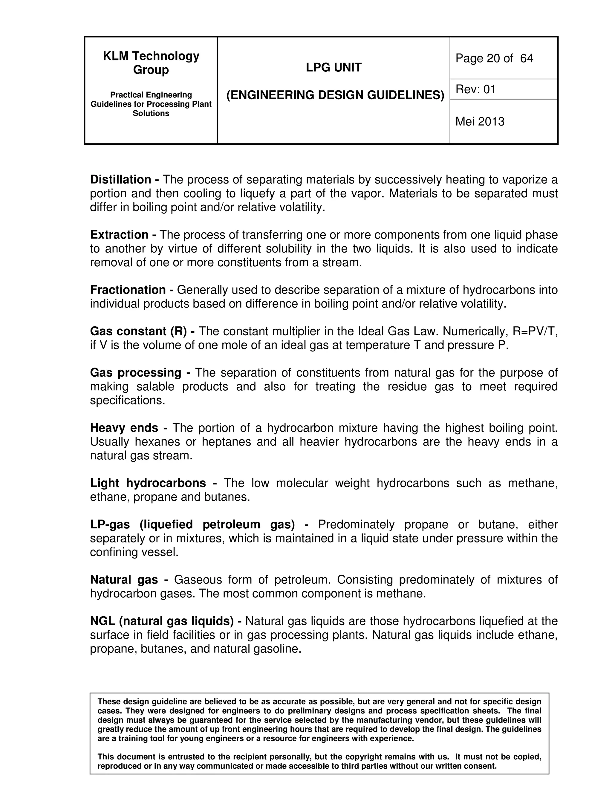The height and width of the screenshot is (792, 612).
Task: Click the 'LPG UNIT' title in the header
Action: [333, 68]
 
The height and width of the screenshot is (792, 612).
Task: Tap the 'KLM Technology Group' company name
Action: [151, 62]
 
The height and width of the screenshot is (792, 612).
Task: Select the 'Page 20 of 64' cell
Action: [494, 58]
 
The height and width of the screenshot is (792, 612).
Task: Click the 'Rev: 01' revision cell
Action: [475, 89]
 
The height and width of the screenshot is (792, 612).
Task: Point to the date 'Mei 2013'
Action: [480, 121]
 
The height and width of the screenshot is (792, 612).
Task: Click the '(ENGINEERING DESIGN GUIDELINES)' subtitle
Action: [335, 95]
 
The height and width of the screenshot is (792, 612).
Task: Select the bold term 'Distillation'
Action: [121, 180]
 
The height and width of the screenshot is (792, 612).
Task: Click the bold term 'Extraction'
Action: [119, 235]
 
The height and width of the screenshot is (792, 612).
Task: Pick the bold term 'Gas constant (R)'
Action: [138, 331]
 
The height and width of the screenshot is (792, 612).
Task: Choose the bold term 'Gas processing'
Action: [136, 373]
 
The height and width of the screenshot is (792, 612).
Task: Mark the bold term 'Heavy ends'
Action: [124, 428]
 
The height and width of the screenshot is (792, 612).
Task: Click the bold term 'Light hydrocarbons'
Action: [148, 483]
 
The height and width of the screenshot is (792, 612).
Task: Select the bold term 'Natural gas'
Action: [124, 580]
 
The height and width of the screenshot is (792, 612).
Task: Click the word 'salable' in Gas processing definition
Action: [155, 386]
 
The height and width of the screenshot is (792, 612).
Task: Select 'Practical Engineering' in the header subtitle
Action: [151, 95]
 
